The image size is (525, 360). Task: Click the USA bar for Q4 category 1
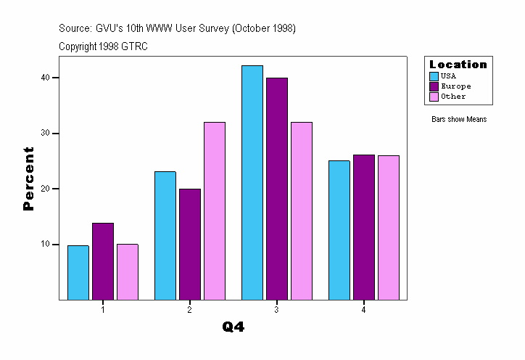tap(78, 272)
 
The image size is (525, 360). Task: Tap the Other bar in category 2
tap(215, 210)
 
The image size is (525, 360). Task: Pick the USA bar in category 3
tap(252, 182)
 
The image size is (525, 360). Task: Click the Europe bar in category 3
tap(277, 189)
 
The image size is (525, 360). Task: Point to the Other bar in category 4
tap(388, 227)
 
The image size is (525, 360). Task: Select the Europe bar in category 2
tap(190, 244)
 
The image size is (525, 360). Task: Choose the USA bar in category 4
tap(339, 230)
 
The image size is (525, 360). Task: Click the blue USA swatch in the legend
tap(434, 75)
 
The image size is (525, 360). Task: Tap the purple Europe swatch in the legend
tap(434, 86)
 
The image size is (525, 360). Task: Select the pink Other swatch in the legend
tap(434, 96)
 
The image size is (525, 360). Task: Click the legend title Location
tap(458, 64)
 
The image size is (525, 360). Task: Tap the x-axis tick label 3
tap(277, 310)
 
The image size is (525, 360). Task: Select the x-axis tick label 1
tap(103, 310)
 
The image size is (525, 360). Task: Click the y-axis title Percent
tap(28, 179)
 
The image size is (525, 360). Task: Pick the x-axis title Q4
tap(233, 327)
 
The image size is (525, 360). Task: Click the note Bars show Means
tap(459, 119)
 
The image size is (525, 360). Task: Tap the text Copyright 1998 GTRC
tap(104, 46)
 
